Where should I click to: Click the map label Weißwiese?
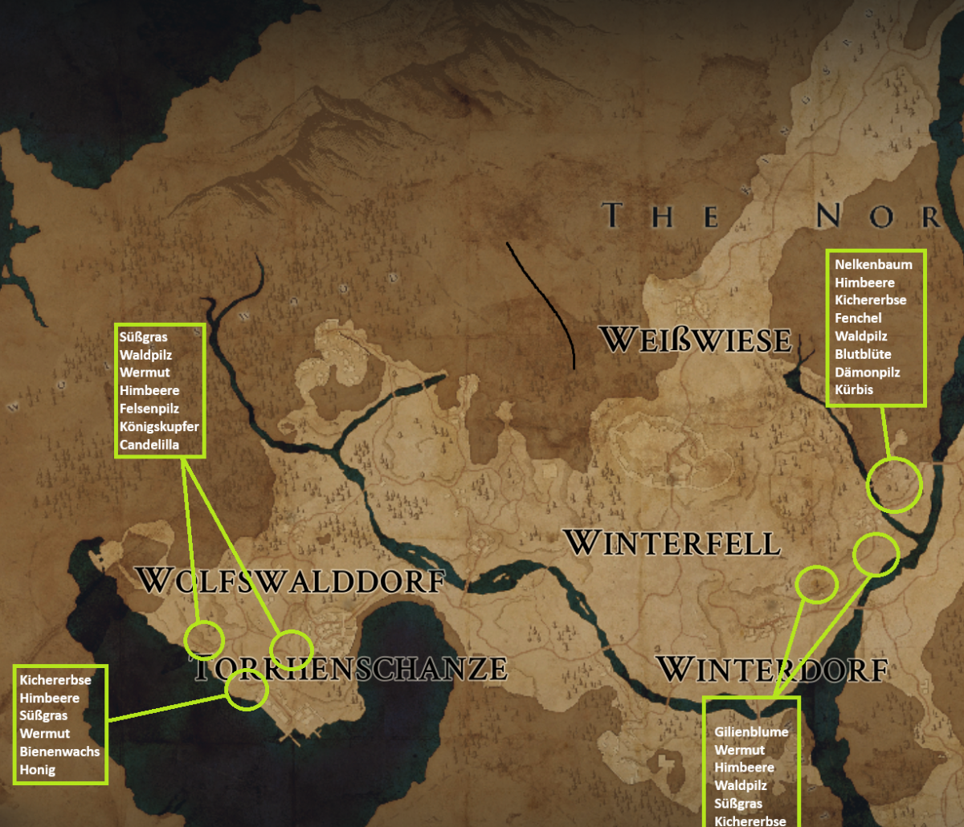(x=696, y=340)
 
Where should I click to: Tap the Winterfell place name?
(x=672, y=543)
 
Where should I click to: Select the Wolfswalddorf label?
(x=290, y=580)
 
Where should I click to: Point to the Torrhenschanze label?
(x=351, y=668)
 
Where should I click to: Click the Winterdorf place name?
(x=771, y=668)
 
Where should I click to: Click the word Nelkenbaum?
(x=873, y=264)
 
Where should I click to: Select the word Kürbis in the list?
(x=854, y=389)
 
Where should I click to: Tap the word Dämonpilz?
(x=867, y=372)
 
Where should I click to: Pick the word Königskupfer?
(x=159, y=426)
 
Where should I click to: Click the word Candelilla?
(x=149, y=444)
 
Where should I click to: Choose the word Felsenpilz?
(x=149, y=409)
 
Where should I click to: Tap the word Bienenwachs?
(x=60, y=752)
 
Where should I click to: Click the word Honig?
(x=39, y=769)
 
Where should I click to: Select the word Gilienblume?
(x=751, y=732)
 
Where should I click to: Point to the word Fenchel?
(x=858, y=318)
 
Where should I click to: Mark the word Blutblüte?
(x=863, y=354)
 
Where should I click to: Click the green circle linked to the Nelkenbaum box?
(x=894, y=484)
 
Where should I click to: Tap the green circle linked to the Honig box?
(x=246, y=689)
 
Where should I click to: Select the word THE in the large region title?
(x=662, y=215)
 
